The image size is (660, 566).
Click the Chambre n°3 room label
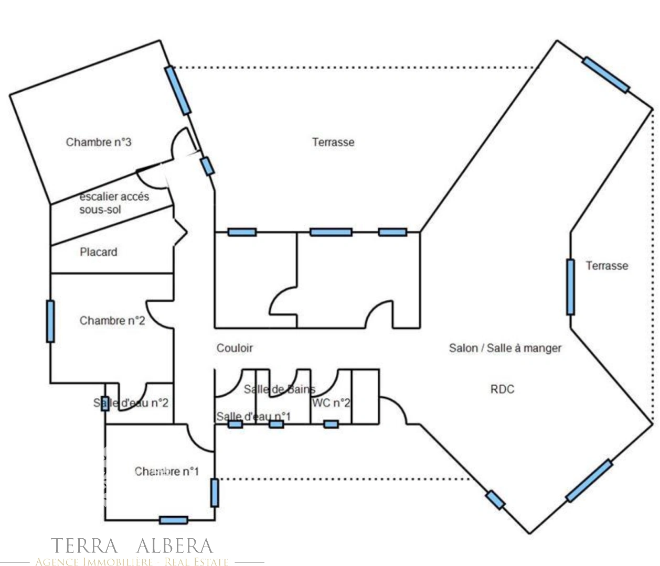(99, 142)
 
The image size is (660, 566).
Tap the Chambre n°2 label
(112, 320)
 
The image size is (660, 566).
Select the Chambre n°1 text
(166, 471)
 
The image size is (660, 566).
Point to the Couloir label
(235, 348)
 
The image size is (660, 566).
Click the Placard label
(98, 252)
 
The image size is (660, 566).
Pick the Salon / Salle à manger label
(505, 348)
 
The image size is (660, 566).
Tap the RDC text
(502, 389)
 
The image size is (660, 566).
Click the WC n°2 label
(331, 403)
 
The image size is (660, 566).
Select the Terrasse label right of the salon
(606, 266)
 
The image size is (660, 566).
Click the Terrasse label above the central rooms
(333, 142)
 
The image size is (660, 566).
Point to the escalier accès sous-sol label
(114, 203)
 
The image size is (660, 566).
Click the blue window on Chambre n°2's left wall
(50, 321)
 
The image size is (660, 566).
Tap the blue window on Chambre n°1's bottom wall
(173, 520)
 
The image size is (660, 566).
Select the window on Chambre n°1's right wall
(214, 493)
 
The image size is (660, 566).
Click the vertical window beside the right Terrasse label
(570, 287)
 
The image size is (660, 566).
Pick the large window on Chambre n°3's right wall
(178, 90)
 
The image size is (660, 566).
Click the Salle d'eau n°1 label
(253, 417)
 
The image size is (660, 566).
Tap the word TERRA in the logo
(84, 546)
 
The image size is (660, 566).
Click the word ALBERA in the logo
(175, 546)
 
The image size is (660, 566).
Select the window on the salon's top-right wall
(605, 75)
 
